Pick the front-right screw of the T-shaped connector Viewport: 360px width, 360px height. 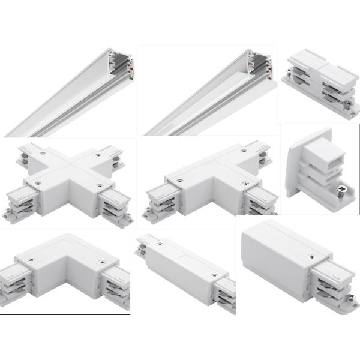coord(245,182)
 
